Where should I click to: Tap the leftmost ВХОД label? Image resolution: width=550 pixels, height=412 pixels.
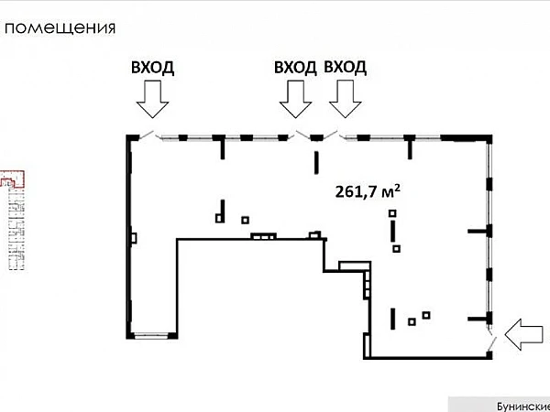tap(153, 67)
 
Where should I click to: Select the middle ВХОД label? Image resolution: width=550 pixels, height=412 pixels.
tap(295, 67)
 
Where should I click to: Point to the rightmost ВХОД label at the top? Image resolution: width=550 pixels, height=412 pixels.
tap(346, 67)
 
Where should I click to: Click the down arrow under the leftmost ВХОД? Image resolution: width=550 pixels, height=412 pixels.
tap(152, 98)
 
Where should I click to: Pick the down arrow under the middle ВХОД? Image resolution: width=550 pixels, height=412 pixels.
tap(295, 98)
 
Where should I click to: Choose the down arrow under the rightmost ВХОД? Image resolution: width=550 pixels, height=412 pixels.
tap(346, 98)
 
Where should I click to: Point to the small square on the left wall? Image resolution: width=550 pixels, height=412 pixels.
tap(134, 238)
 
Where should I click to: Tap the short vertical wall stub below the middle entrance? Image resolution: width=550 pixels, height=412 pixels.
tap(316, 163)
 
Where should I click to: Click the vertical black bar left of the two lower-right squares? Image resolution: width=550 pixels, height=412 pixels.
tap(393, 319)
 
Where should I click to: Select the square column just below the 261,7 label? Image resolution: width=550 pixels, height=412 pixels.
tap(392, 213)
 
